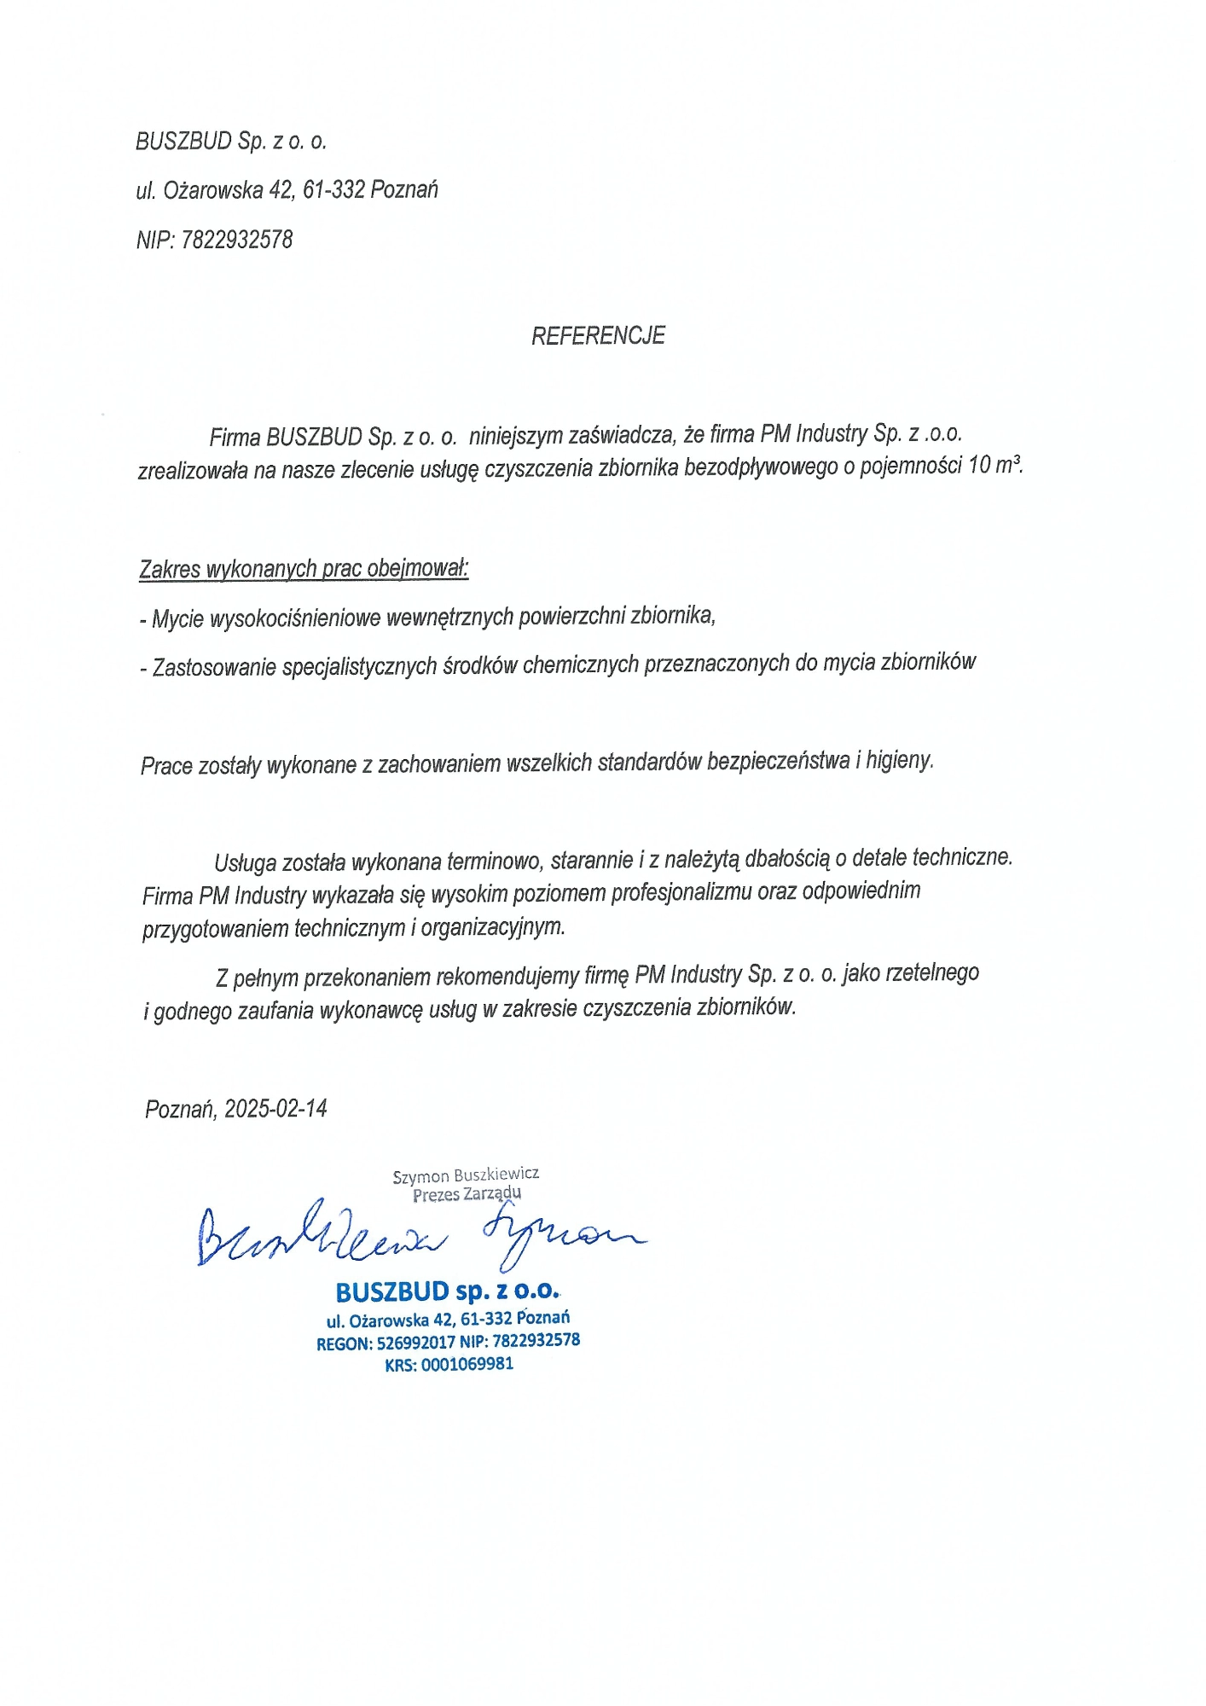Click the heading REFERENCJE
pyautogui.click(x=598, y=336)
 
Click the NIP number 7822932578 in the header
pyautogui.click(x=237, y=241)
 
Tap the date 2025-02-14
pyautogui.click(x=276, y=1109)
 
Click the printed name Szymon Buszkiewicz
pyautogui.click(x=466, y=1175)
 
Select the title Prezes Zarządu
pyautogui.click(x=467, y=1194)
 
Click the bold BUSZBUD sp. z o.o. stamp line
pyautogui.click(x=447, y=1291)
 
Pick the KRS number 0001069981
pyautogui.click(x=467, y=1364)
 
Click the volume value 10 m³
pyautogui.click(x=994, y=466)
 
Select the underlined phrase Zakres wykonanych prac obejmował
pyautogui.click(x=304, y=569)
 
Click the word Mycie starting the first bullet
pyautogui.click(x=177, y=619)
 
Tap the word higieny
pyautogui.click(x=900, y=760)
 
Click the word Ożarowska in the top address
pyautogui.click(x=212, y=190)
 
